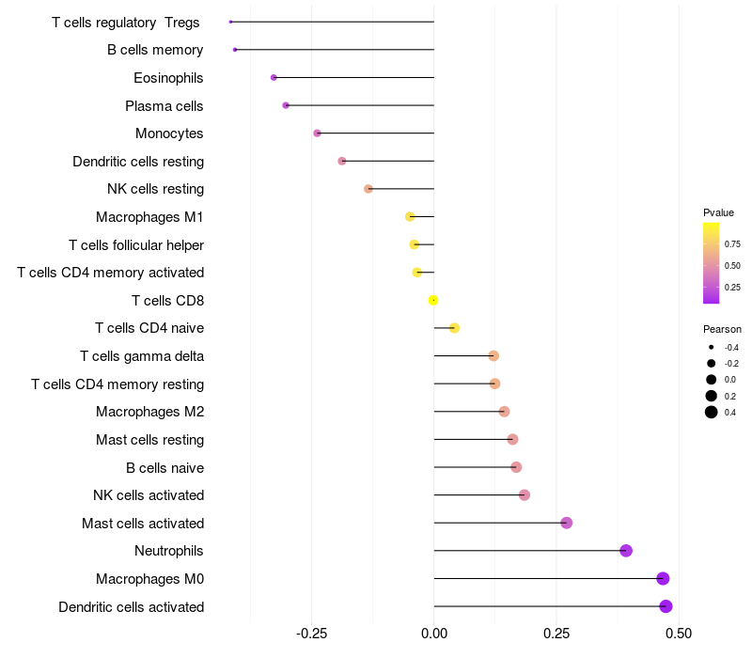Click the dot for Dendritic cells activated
pos(666,606)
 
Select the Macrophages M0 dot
pos(663,579)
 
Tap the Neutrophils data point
pos(626,551)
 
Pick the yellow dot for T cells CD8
pos(433,300)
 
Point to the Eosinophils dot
pos(274,77)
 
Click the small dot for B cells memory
pos(235,50)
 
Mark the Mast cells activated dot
pos(566,523)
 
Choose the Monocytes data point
pos(318,133)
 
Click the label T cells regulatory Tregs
pos(126,22)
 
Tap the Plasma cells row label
pos(164,106)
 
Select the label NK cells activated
pos(149,495)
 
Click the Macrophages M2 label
pos(150,412)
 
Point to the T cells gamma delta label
pos(142,356)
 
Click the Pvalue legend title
pos(718,212)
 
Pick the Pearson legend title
pos(722,329)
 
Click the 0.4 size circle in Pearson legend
pos(712,412)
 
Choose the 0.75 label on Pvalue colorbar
pos(732,243)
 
